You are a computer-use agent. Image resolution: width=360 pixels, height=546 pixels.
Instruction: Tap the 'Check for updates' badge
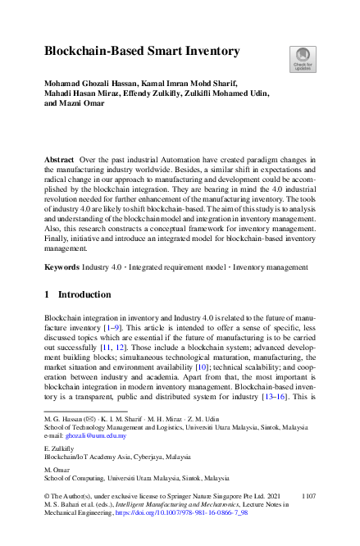[303, 58]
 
